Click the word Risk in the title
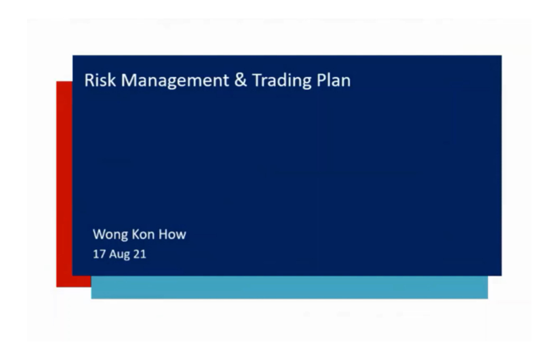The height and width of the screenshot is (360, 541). point(100,80)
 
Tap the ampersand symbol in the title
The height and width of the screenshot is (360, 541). point(240,80)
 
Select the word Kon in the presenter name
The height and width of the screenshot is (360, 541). point(143,234)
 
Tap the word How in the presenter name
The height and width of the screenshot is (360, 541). point(172,234)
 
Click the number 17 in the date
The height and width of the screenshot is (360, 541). point(99,254)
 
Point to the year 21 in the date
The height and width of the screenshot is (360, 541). point(139,254)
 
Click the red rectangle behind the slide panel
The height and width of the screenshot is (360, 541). point(64,184)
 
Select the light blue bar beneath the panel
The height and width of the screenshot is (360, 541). point(290,287)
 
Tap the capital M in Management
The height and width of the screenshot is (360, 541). point(128,80)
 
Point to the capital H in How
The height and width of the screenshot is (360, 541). point(163,235)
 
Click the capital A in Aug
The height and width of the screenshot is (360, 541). point(113,254)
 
